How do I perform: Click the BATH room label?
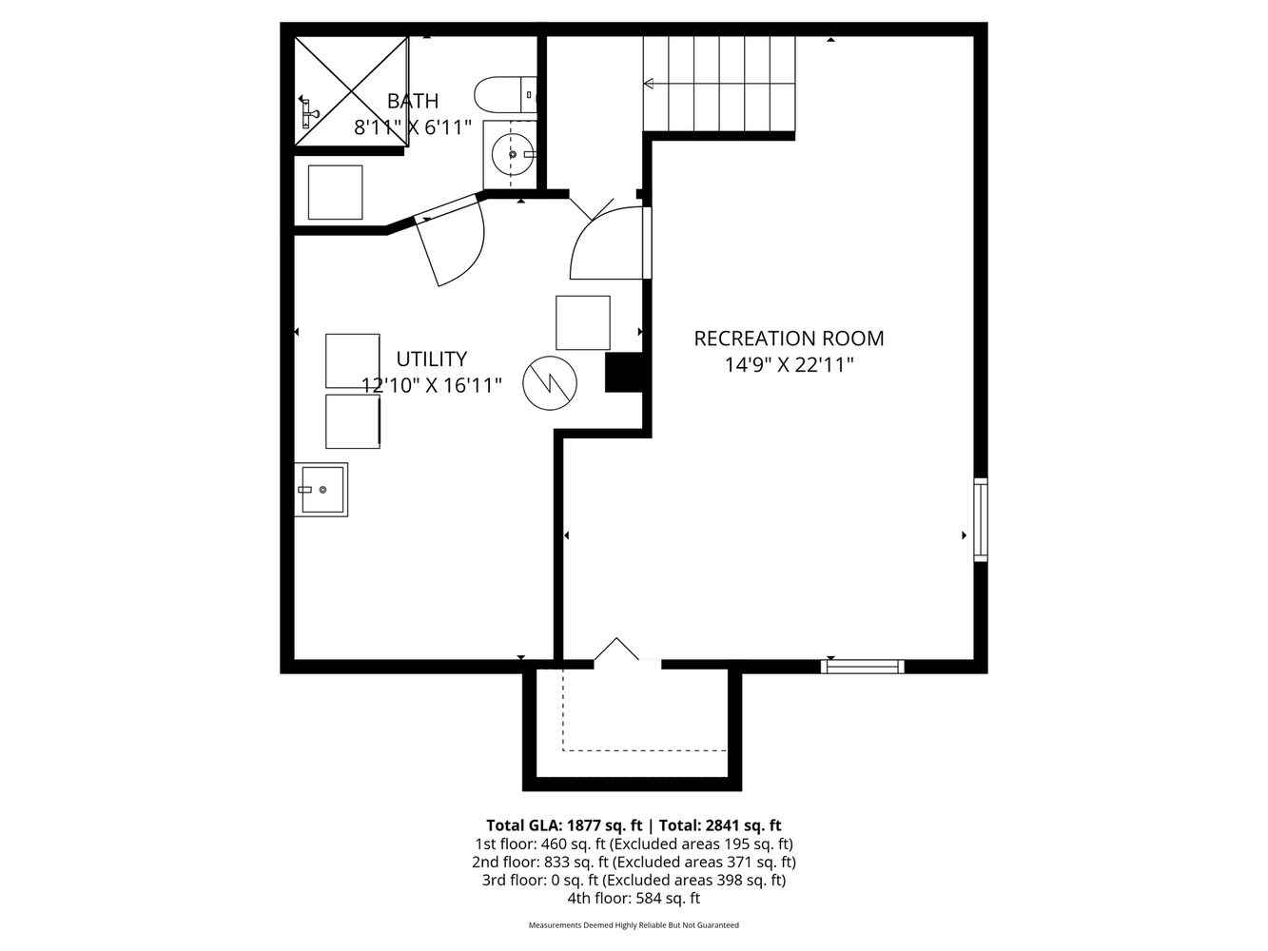click(x=413, y=101)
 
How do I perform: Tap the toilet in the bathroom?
click(x=505, y=95)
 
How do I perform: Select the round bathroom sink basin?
click(x=513, y=154)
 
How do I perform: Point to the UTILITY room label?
click(x=432, y=359)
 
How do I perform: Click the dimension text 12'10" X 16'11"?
click(x=432, y=385)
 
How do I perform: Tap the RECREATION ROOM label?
click(x=789, y=339)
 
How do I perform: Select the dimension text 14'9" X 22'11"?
click(x=790, y=365)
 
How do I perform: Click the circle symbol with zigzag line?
click(x=550, y=383)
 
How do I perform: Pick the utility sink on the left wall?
click(x=322, y=489)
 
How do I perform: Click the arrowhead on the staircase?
click(x=649, y=84)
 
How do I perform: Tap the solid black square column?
click(x=624, y=373)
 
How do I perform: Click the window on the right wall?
click(x=981, y=519)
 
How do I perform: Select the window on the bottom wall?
click(x=863, y=667)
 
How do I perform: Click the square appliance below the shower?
click(x=335, y=192)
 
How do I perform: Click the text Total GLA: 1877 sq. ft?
click(x=564, y=825)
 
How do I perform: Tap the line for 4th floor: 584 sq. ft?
click(x=634, y=898)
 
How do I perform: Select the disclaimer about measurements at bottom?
click(x=634, y=925)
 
